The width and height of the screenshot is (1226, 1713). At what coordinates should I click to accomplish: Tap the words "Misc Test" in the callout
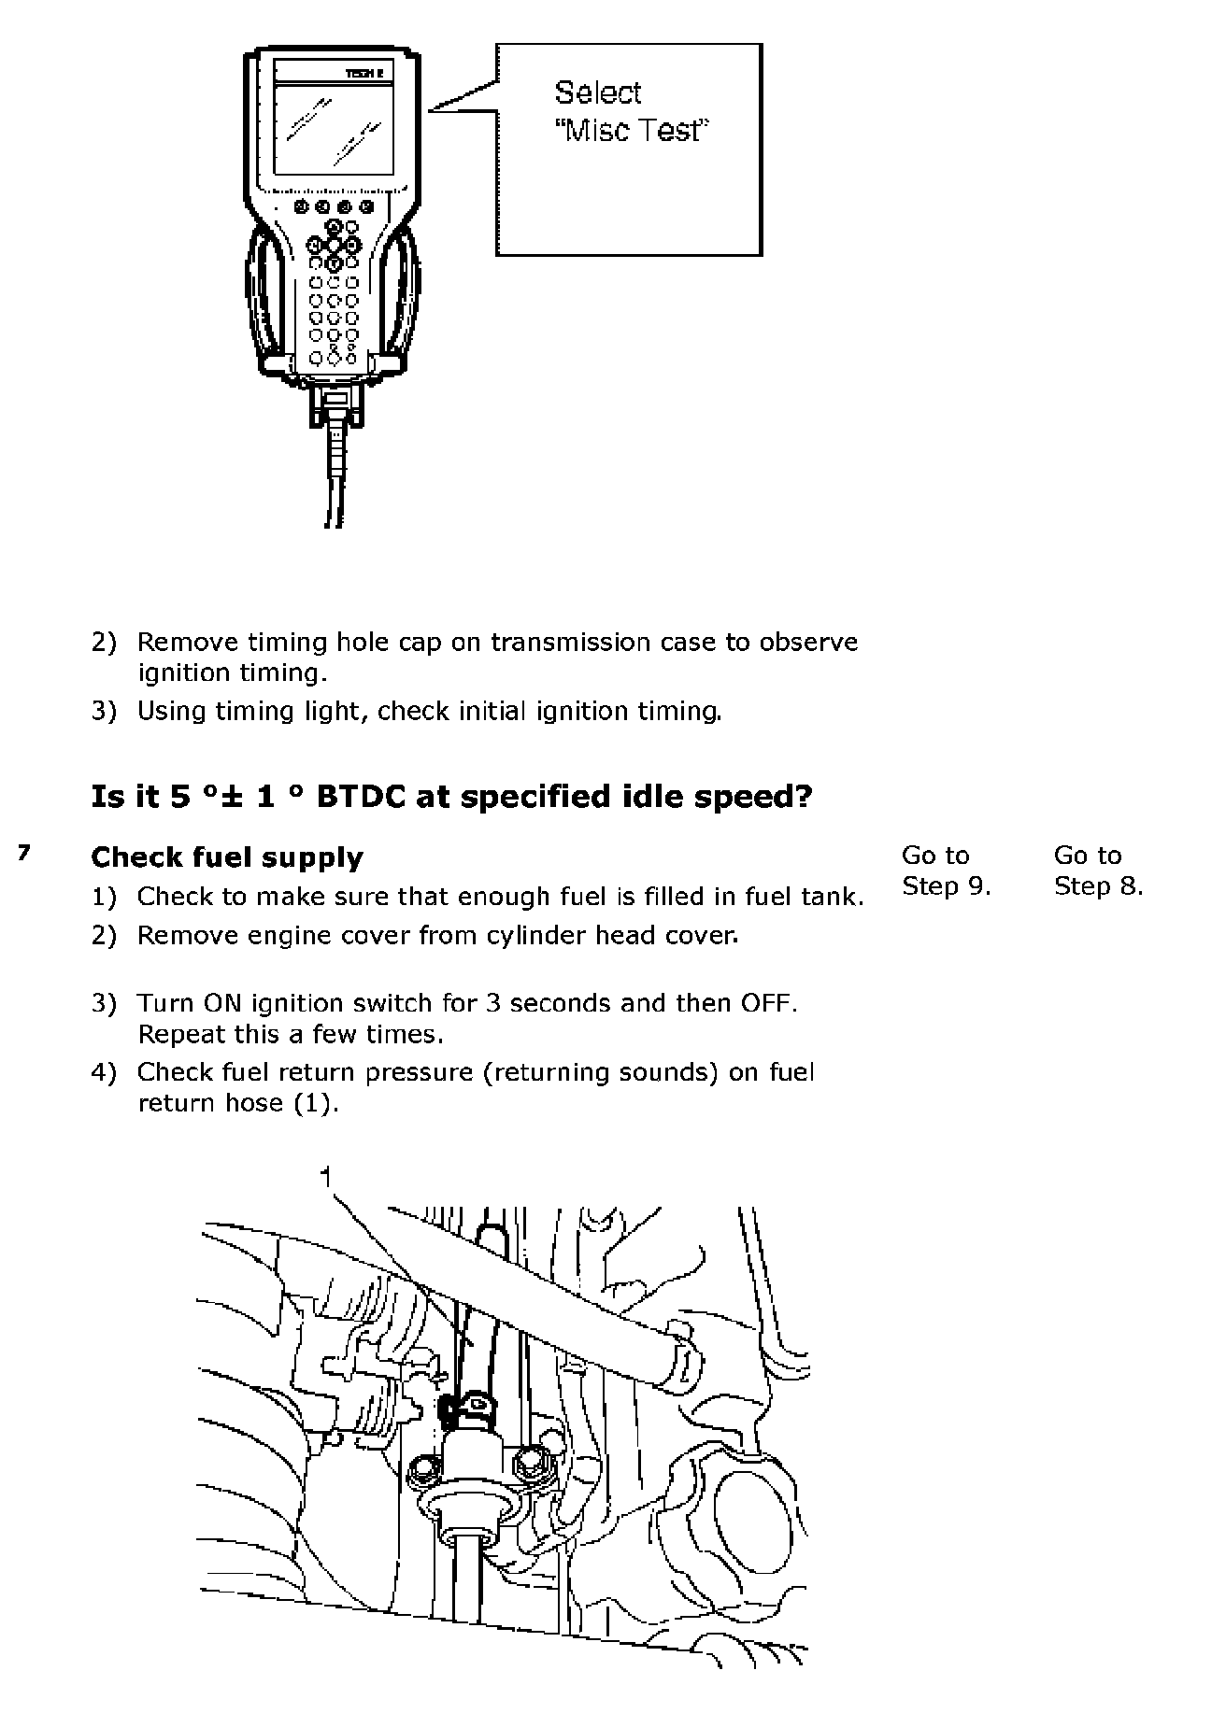(633, 131)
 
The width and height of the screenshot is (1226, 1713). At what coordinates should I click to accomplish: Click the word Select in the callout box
(598, 92)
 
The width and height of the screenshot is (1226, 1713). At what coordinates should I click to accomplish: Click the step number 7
(25, 853)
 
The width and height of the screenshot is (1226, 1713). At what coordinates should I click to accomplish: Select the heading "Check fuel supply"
(227, 857)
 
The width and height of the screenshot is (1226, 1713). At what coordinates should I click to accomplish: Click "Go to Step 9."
(946, 871)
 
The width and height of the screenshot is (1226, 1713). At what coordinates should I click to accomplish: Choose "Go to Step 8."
(1098, 871)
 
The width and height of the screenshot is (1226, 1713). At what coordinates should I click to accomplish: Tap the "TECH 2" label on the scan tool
(365, 73)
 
